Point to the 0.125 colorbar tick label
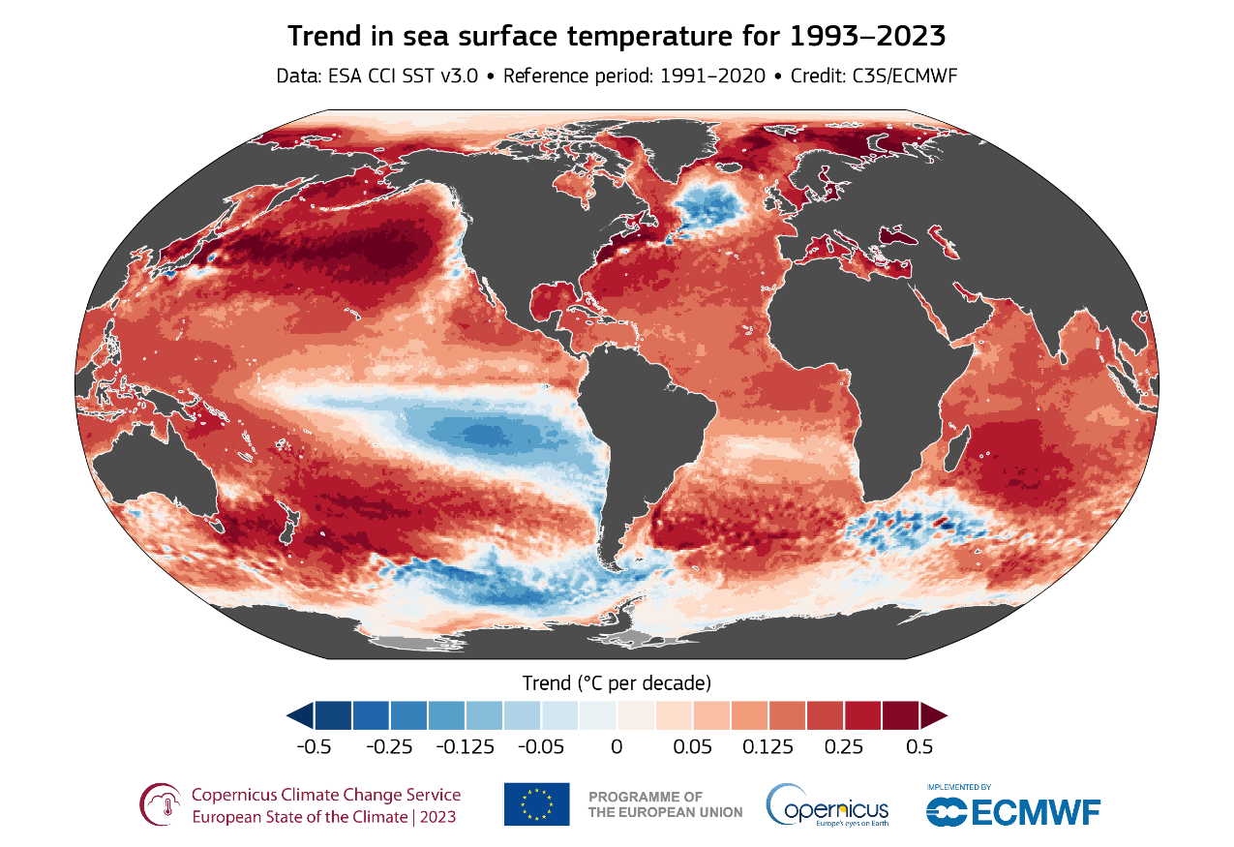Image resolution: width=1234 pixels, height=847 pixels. coord(768,747)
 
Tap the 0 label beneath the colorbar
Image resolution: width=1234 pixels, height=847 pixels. coord(617,747)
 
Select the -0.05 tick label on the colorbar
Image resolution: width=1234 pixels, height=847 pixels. coord(541,747)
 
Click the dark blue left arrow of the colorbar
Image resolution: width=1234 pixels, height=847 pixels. coord(300,715)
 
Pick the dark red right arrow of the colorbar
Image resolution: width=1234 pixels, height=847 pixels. coord(933,715)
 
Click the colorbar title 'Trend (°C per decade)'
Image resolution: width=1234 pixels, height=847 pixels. coord(617,682)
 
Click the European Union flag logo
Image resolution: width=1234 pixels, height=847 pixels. coord(536,803)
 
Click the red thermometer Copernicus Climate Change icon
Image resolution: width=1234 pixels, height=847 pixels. coord(161,804)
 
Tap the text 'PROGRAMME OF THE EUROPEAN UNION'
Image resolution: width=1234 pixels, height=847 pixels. coord(665,804)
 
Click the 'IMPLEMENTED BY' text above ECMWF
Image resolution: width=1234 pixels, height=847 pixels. coord(958,787)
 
